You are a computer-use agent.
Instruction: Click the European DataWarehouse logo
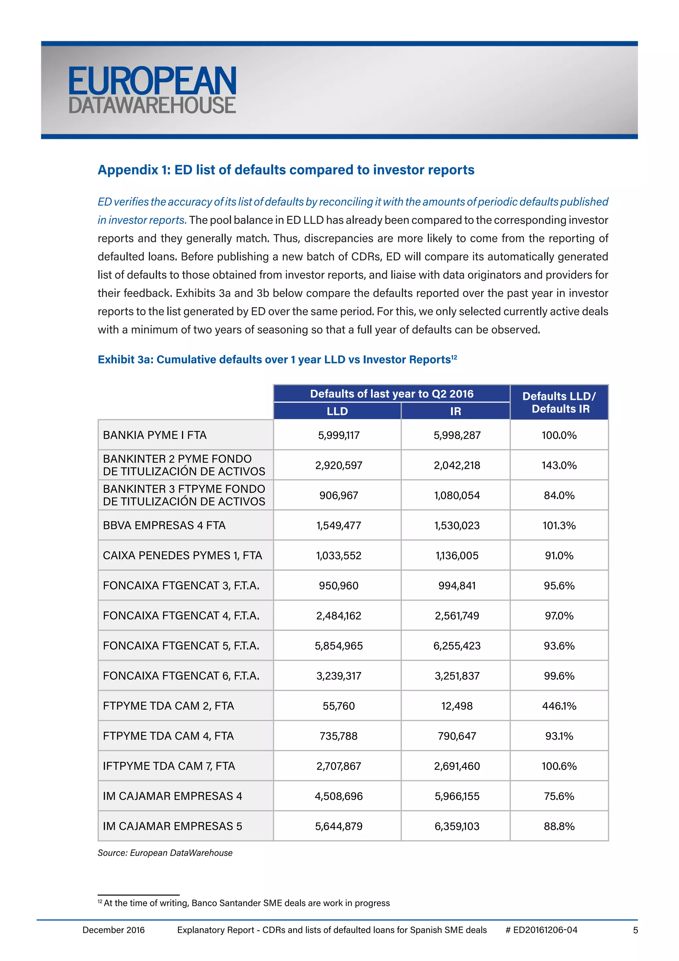[152, 90]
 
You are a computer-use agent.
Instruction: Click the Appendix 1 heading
[286, 170]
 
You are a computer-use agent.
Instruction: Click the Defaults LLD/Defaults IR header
[559, 402]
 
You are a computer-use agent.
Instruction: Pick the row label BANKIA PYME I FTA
[155, 435]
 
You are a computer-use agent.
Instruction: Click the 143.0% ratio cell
[559, 466]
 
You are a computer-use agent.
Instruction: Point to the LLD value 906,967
[339, 495]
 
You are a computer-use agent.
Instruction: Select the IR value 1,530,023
[457, 526]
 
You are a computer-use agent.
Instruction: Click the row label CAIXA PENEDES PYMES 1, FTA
[182, 555]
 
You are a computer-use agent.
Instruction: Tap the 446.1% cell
[559, 706]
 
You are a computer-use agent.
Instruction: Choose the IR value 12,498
[457, 706]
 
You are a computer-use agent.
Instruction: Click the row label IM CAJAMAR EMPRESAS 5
[172, 826]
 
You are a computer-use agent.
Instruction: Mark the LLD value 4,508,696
[339, 796]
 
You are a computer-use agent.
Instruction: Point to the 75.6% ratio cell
[559, 796]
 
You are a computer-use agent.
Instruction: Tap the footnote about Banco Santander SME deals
[246, 903]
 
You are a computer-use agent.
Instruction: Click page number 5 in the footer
[635, 930]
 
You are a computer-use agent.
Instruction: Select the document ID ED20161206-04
[545, 930]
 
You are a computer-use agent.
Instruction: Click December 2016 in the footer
[113, 930]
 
